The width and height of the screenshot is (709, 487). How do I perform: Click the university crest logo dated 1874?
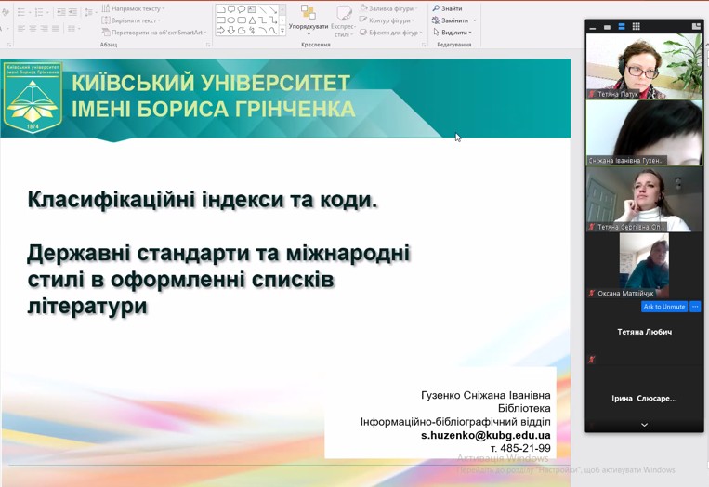[x=33, y=97]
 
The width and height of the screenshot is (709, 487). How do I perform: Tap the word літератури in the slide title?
[x=87, y=305]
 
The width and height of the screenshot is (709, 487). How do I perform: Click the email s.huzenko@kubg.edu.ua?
[x=485, y=435]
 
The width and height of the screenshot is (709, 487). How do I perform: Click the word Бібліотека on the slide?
[x=524, y=408]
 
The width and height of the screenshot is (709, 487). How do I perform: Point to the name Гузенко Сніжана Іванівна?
[x=485, y=395]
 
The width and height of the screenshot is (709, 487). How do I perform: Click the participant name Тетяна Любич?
[x=644, y=332]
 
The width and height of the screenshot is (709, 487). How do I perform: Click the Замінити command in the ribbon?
[x=454, y=20]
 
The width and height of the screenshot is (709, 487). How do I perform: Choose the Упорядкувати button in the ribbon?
[x=309, y=26]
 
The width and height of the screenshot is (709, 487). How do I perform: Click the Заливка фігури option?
[x=391, y=8]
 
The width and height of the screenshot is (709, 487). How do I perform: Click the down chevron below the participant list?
[x=644, y=425]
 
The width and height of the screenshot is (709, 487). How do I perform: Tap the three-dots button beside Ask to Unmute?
[x=695, y=307]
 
